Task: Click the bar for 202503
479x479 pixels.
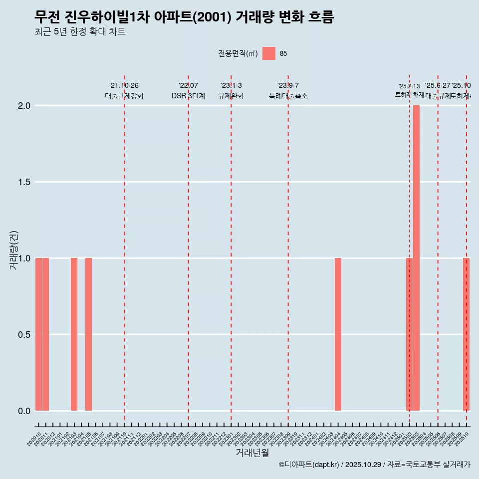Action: click(416, 258)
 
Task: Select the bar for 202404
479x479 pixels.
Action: click(338, 334)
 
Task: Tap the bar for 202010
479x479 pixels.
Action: click(38, 334)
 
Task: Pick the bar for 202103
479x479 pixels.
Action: click(74, 334)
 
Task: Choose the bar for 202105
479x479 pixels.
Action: click(88, 334)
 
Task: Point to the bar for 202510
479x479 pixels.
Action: click(466, 334)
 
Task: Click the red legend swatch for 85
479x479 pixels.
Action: click(269, 53)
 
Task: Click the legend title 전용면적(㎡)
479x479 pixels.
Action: click(238, 53)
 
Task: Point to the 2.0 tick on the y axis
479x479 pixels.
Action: click(24, 106)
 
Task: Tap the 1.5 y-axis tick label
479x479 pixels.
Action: click(24, 182)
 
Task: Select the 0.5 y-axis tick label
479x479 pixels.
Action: click(24, 334)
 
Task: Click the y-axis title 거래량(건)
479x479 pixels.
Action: click(14, 250)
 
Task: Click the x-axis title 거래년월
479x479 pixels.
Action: click(252, 453)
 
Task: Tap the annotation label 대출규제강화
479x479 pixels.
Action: click(124, 96)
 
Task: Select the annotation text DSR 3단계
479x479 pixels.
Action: click(188, 96)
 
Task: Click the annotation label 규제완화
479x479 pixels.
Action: click(231, 96)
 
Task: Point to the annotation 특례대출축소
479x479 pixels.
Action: click(288, 96)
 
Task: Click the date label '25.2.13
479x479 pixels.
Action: click(409, 86)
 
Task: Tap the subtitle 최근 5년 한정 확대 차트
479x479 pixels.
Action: click(80, 32)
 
